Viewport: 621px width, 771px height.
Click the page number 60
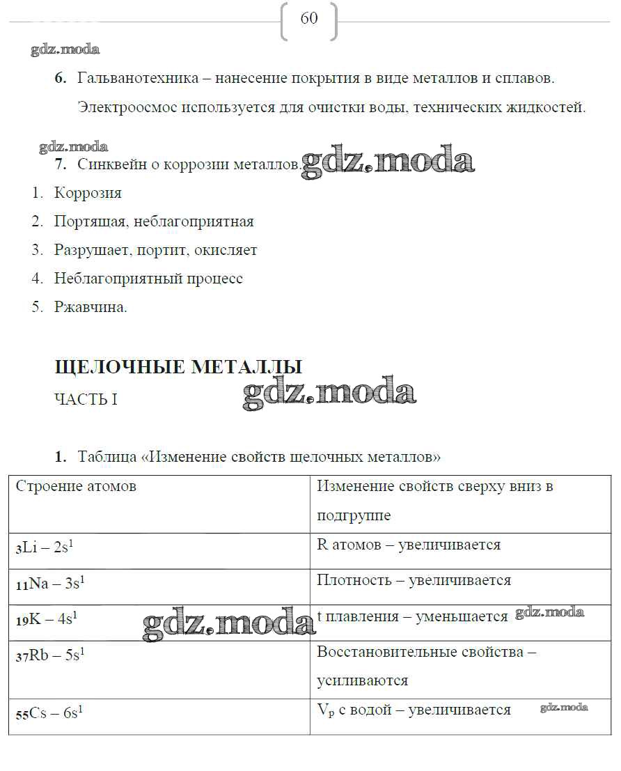308,19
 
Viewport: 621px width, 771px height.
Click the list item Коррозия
88,193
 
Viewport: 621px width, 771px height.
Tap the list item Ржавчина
91,307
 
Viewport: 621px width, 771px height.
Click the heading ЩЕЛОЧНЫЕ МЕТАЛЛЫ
178,367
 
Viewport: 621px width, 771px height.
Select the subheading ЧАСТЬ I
86,400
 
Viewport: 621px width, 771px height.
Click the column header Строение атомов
76,486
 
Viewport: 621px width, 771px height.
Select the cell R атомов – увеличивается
409,545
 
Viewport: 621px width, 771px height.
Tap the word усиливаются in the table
362,680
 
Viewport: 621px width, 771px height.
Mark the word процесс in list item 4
214,279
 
